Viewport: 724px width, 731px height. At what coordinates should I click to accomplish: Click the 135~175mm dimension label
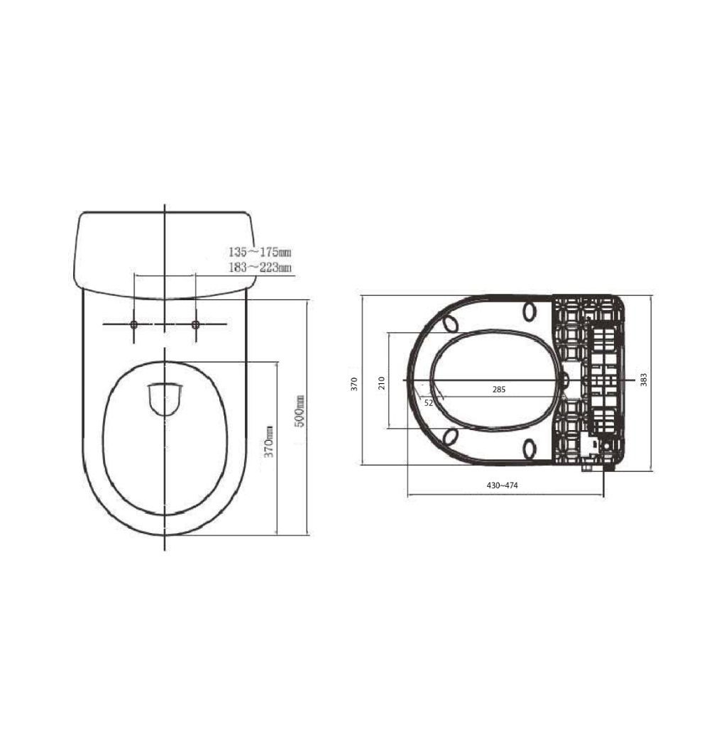click(x=260, y=252)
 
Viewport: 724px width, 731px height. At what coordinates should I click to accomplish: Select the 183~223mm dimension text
click(x=260, y=268)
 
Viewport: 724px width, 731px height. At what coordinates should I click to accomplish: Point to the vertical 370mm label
click(x=269, y=441)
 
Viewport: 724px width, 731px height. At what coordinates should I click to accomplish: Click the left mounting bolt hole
click(x=133, y=324)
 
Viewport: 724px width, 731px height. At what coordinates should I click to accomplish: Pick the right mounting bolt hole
click(x=195, y=324)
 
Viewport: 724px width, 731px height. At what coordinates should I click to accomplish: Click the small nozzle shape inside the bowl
click(x=164, y=399)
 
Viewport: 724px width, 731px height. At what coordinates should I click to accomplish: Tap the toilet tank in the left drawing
click(x=165, y=255)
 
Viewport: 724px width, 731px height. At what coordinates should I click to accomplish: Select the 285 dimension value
click(x=499, y=390)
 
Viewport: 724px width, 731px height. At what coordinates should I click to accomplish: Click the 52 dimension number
click(x=429, y=403)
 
